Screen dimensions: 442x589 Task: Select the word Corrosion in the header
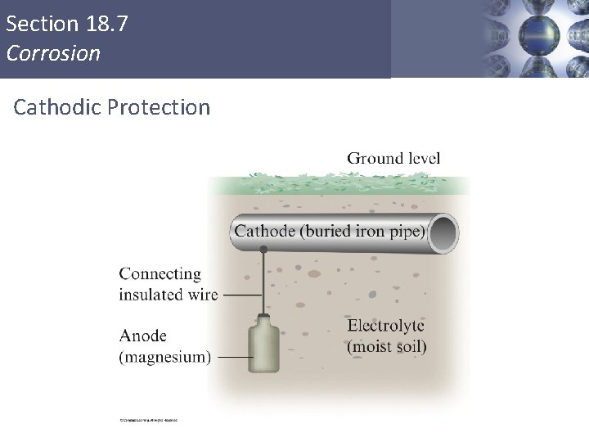[52, 54]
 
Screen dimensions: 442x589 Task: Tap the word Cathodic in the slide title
[56, 107]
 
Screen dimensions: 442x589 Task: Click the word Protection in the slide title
[158, 107]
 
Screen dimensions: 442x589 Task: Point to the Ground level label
[393, 158]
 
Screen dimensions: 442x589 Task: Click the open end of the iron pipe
[443, 232]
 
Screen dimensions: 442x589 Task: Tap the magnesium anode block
[263, 351]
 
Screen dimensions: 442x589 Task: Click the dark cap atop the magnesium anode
[263, 316]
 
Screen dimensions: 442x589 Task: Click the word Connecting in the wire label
[160, 274]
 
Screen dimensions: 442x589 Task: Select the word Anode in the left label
[143, 336]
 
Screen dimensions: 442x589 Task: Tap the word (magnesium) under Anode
[164, 357]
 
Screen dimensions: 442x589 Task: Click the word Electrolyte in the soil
[386, 326]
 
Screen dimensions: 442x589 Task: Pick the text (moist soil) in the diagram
[386, 346]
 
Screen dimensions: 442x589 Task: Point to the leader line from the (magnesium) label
[233, 358]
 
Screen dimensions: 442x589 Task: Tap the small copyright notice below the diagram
[148, 421]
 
